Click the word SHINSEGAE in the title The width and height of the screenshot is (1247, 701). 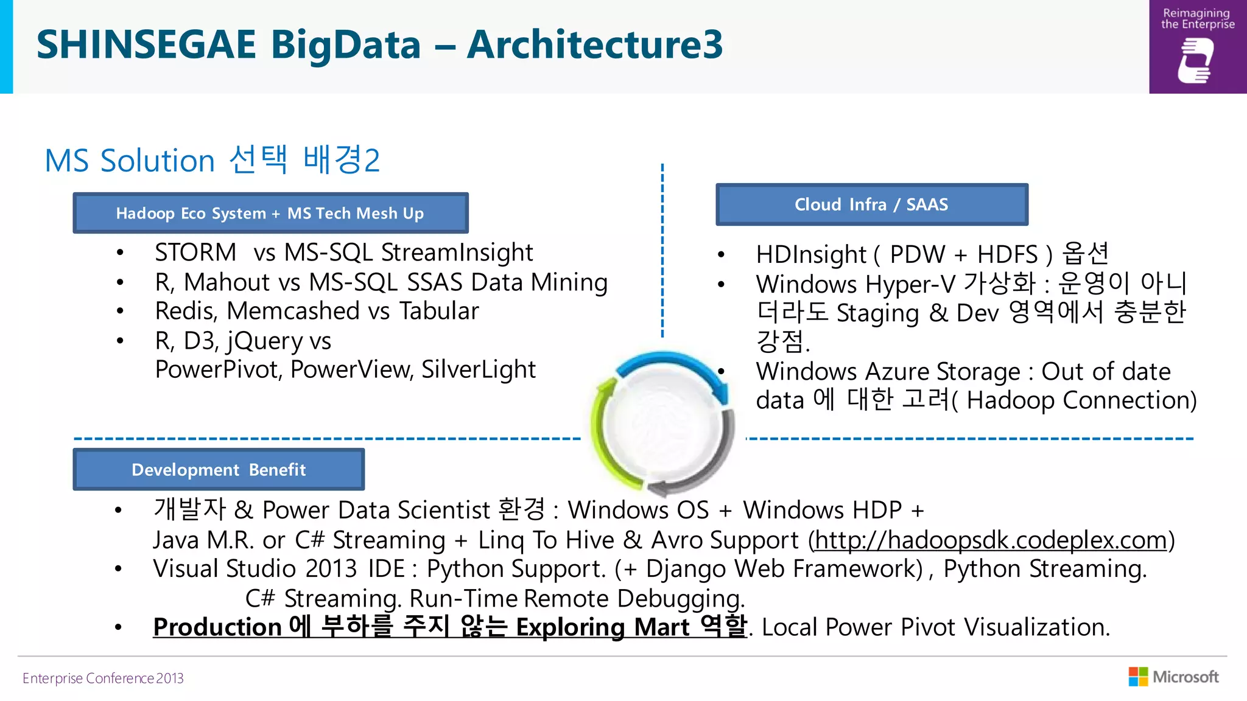click(146, 45)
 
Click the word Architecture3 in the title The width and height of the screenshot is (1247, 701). click(594, 45)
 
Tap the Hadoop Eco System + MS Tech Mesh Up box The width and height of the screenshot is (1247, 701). click(270, 213)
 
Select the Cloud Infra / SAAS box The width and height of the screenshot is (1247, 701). click(871, 204)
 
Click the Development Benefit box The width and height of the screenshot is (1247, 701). click(219, 470)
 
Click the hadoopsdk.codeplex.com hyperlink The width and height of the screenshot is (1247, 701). click(990, 540)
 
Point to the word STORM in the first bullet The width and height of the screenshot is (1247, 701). click(195, 253)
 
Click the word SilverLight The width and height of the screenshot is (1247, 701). click(479, 369)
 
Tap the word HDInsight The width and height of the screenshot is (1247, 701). click(810, 254)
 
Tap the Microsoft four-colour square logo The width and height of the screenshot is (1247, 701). click(1137, 677)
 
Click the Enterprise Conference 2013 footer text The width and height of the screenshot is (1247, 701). click(103, 678)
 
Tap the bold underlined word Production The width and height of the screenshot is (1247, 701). click(217, 627)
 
